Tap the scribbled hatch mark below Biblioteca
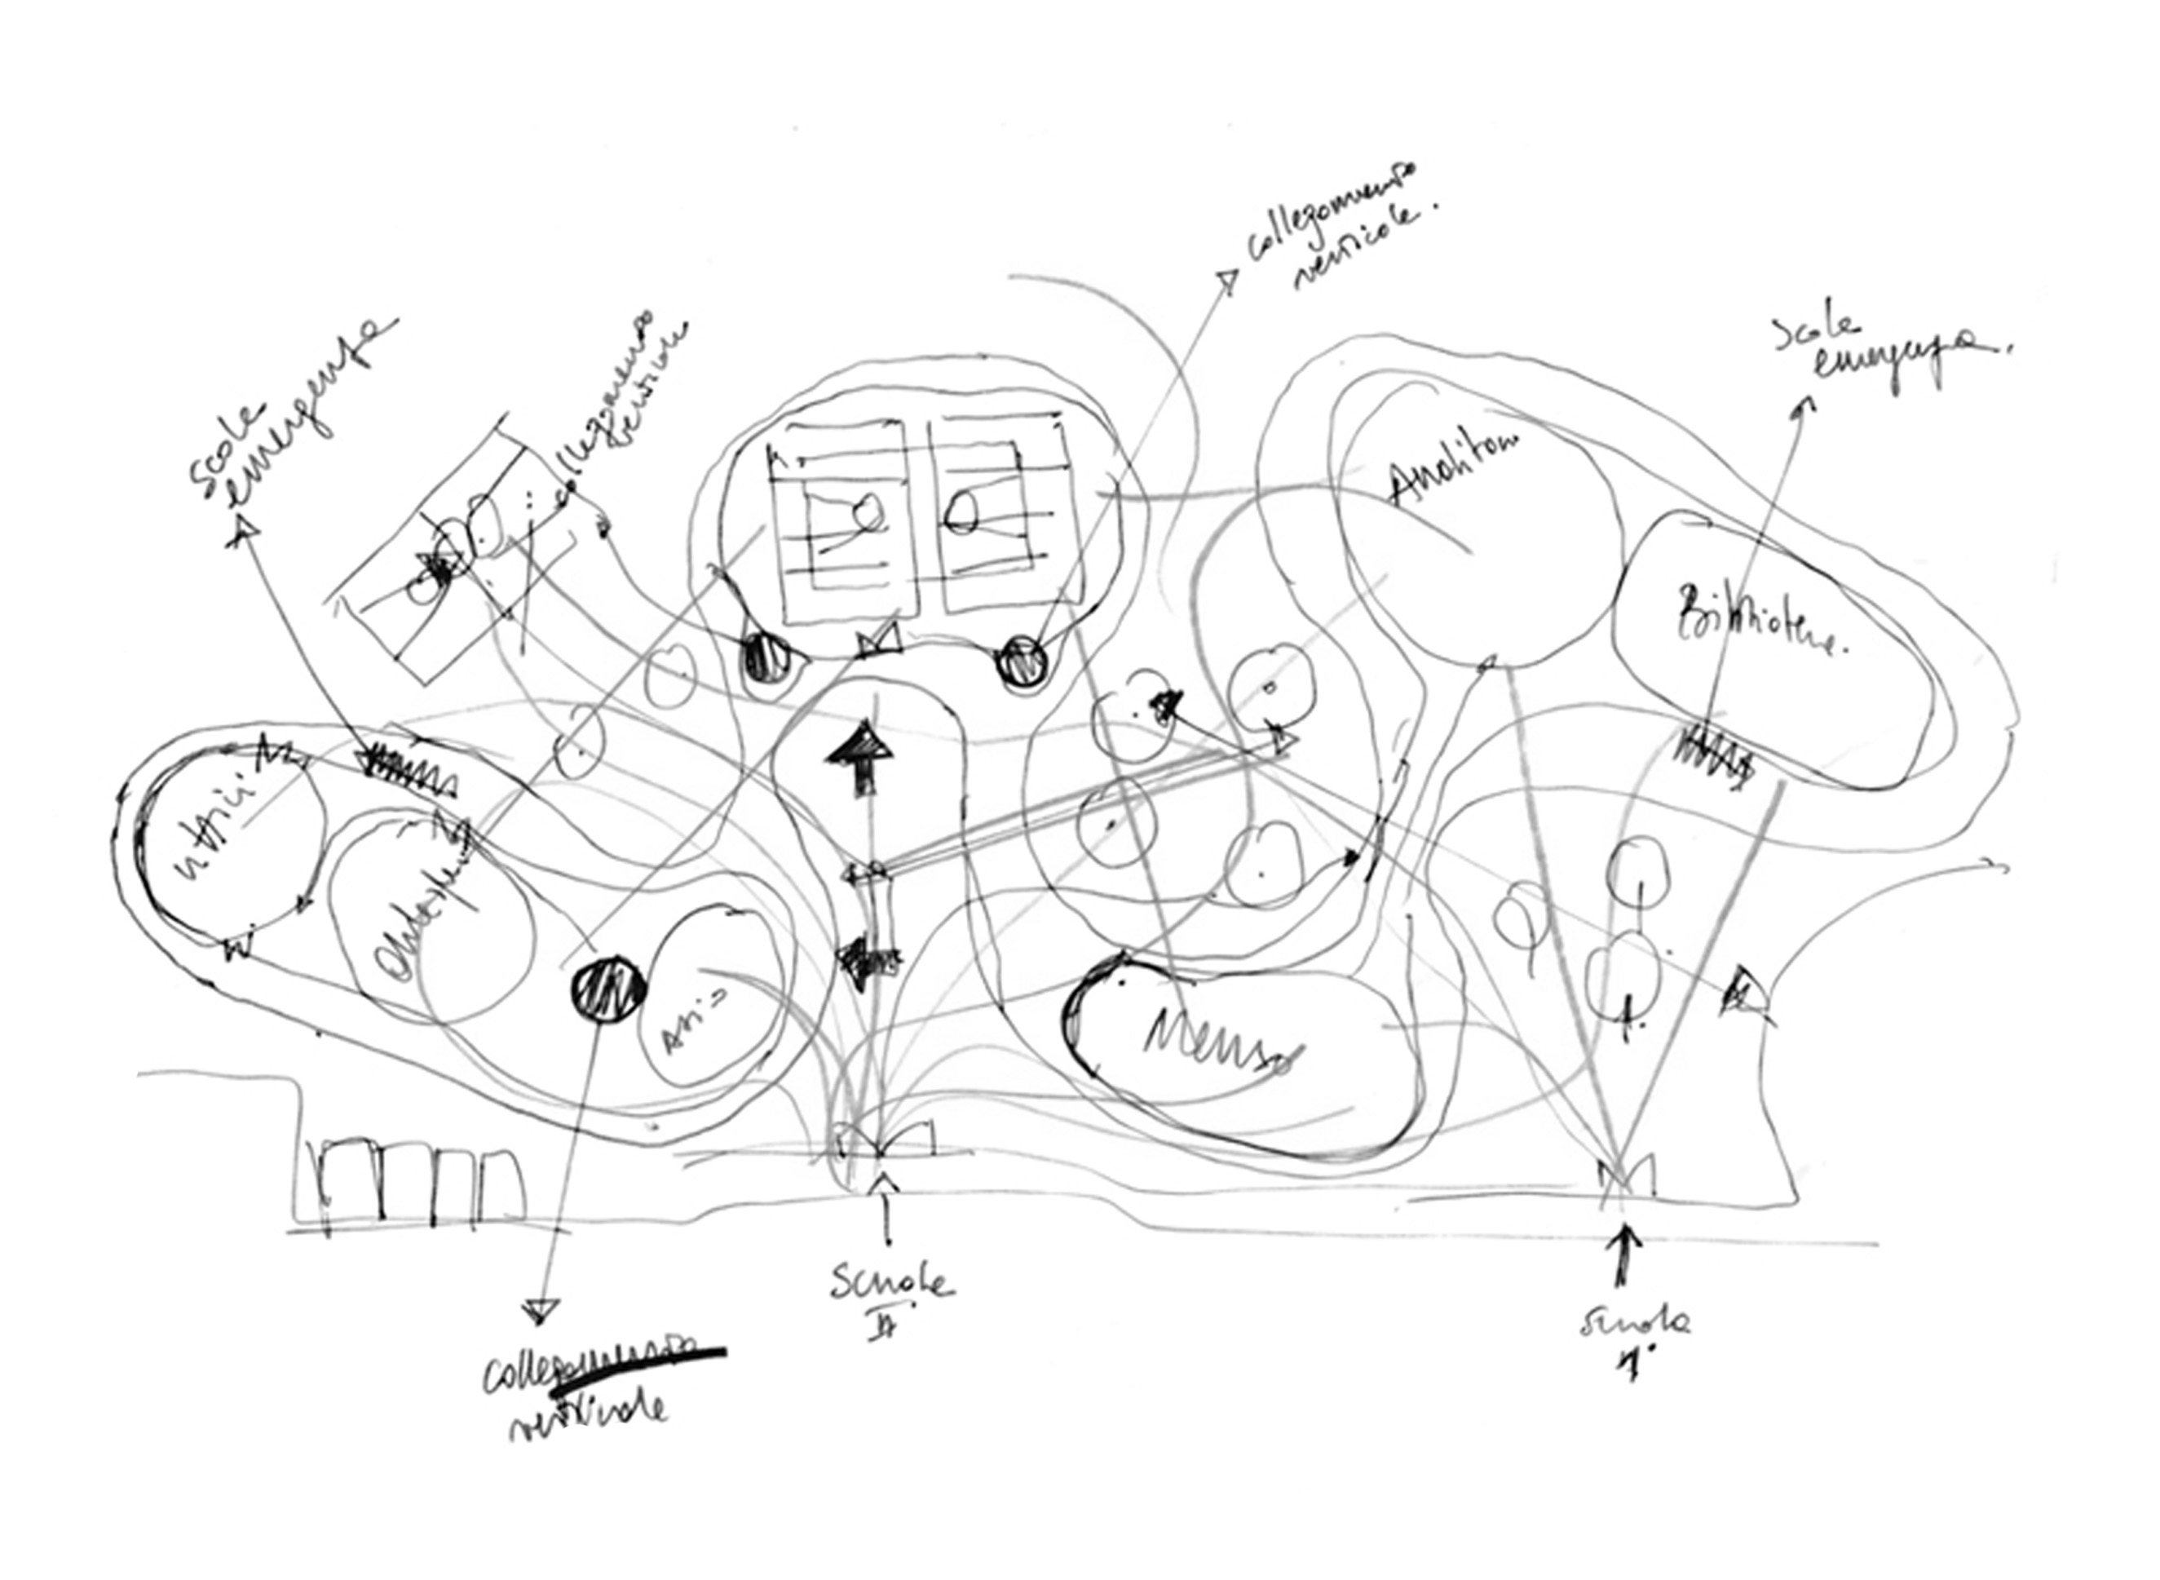1716,756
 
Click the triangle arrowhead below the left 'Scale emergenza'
245,530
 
